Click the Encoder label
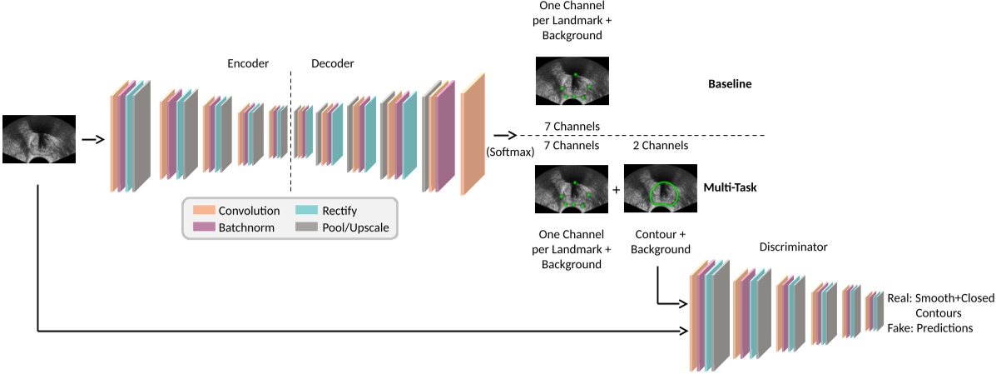click(248, 63)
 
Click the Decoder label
click(333, 63)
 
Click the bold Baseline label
click(729, 84)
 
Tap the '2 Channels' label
click(661, 145)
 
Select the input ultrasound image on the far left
click(39, 139)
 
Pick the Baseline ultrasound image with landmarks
click(572, 81)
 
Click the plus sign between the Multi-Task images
click(617, 189)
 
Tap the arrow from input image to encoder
click(92, 139)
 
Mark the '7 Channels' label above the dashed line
click(572, 126)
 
